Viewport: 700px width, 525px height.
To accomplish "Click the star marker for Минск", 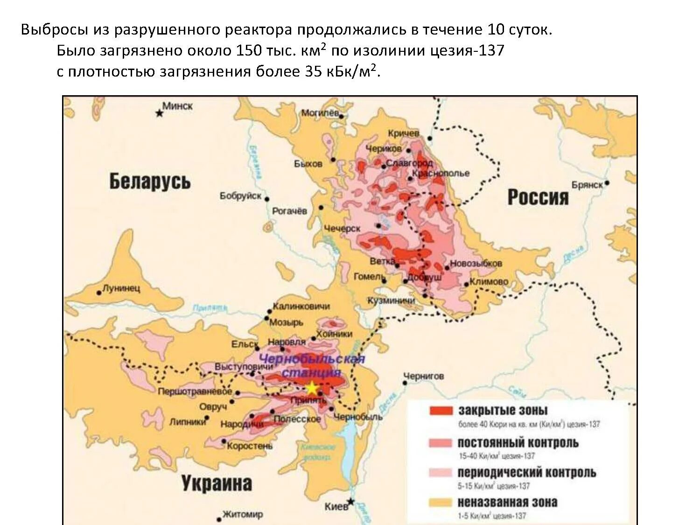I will pos(159,113).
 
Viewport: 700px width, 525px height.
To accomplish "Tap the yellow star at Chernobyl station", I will pos(311,388).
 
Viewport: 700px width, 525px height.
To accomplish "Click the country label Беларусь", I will pos(150,182).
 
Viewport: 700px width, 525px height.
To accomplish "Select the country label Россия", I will pos(538,197).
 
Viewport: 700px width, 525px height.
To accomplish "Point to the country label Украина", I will pos(217,483).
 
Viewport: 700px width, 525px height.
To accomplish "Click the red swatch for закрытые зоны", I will pos(441,411).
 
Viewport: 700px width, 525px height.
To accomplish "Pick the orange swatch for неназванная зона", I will pos(441,503).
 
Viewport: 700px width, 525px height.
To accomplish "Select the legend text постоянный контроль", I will pos(518,442).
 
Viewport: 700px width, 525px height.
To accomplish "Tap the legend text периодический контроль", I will pos(526,472).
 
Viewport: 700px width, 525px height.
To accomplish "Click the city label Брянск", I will pos(587,185).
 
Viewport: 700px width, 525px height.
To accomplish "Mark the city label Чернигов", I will pos(423,376).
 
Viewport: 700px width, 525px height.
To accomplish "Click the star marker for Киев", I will pos(350,502).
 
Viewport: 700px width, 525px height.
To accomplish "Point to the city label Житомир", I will pos(243,514).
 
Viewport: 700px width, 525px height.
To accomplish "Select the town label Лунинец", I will pos(121,288).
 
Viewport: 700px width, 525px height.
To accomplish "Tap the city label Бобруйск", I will pos(240,196).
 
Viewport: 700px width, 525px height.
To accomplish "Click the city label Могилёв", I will pos(320,113).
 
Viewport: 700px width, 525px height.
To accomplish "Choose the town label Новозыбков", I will pos(476,263).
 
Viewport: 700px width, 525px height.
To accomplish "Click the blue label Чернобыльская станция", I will pos(312,366).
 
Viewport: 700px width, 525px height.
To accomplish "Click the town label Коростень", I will pos(250,446).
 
